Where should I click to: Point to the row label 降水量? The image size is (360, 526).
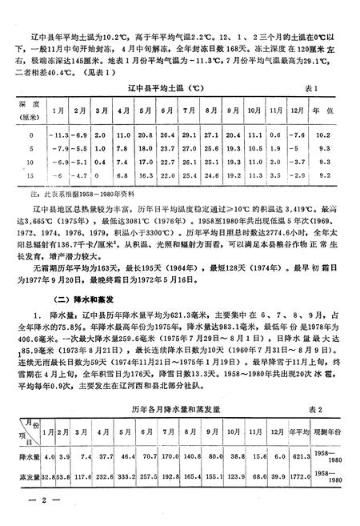click(29, 456)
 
